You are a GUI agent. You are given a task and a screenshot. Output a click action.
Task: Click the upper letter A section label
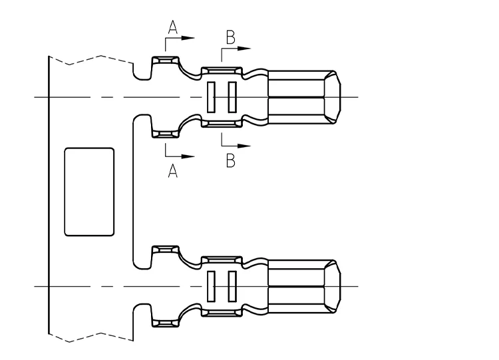(x=172, y=27)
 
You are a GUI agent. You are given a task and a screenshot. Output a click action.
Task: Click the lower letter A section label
(x=172, y=171)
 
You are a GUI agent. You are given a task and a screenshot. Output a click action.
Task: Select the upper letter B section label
(x=231, y=37)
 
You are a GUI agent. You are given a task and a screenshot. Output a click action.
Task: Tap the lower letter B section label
(x=231, y=160)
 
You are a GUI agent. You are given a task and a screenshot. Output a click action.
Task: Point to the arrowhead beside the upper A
(x=188, y=38)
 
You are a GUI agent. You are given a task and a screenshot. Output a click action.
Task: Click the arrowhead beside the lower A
(x=188, y=156)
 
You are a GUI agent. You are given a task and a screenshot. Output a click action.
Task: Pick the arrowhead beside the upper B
(x=244, y=49)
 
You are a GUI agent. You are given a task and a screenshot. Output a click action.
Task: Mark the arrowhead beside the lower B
(x=244, y=146)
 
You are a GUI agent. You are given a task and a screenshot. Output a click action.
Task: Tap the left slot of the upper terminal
(x=211, y=97)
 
